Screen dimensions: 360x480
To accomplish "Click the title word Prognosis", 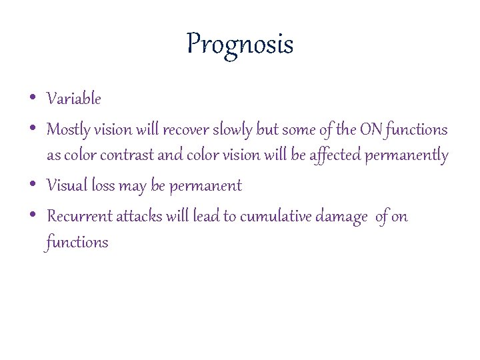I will (x=240, y=45).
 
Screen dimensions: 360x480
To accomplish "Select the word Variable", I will (x=74, y=99).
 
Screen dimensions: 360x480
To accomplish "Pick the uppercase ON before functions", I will (x=369, y=129).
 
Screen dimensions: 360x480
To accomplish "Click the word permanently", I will (x=406, y=156).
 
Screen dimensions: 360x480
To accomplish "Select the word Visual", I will (x=67, y=186).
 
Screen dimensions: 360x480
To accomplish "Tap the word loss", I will (x=103, y=186).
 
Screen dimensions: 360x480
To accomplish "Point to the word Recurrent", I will (x=80, y=217).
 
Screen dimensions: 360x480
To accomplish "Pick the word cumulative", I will (x=275, y=217).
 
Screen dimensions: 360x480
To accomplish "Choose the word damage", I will (x=342, y=217).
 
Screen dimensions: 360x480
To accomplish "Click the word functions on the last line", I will (x=77, y=242).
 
